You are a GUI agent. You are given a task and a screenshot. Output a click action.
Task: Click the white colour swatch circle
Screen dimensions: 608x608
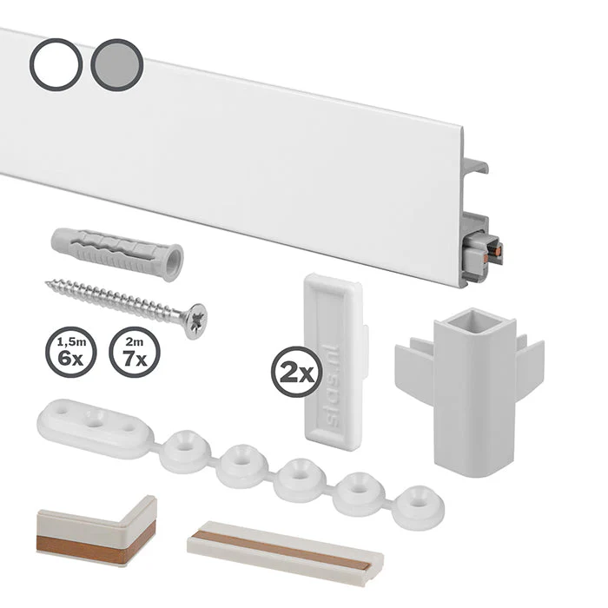coord(56,64)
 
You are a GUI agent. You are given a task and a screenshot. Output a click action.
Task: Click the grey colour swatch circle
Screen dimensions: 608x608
coord(117,65)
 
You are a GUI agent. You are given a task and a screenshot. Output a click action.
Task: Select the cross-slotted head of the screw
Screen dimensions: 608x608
coord(196,321)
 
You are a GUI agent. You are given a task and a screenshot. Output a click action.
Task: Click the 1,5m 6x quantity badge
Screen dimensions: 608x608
coord(71,352)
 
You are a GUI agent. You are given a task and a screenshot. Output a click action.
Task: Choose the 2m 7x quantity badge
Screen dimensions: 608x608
coord(135,352)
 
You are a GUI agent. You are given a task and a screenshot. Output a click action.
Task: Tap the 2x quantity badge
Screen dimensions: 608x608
coord(297,373)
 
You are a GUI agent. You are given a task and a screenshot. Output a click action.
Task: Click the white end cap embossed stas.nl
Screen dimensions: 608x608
coord(334,362)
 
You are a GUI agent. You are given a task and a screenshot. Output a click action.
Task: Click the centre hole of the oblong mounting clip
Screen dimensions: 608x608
coord(94,420)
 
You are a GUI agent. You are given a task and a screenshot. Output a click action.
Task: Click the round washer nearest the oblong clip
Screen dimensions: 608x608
coord(185,450)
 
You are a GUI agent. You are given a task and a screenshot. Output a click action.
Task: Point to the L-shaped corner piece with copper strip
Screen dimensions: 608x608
coord(97,532)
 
